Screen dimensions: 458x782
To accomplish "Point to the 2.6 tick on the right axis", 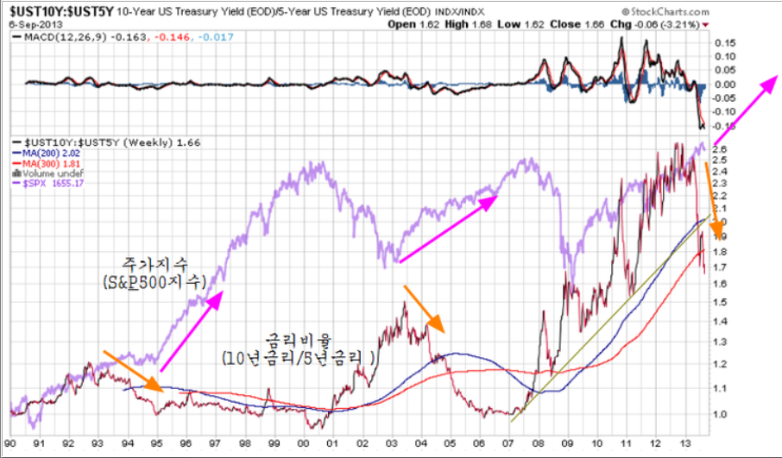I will tap(722, 149).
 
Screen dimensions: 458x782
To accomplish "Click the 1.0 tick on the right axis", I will tap(722, 414).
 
